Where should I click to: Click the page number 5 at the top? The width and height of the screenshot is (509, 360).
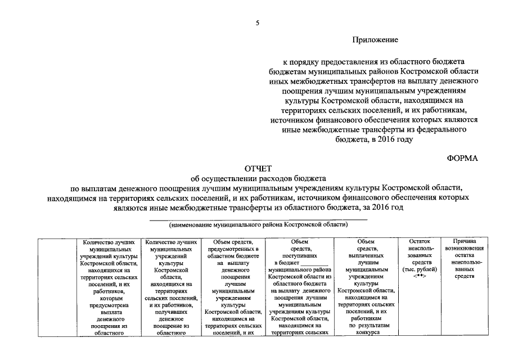click(x=258, y=22)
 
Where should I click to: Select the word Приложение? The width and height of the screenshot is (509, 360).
click(x=376, y=40)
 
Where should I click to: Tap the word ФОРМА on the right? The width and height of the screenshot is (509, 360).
click(x=462, y=158)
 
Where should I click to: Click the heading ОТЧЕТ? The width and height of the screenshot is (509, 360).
click(x=258, y=169)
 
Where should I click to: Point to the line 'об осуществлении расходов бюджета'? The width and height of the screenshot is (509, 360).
click(x=258, y=178)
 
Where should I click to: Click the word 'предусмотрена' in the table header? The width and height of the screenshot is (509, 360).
click(x=111, y=305)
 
